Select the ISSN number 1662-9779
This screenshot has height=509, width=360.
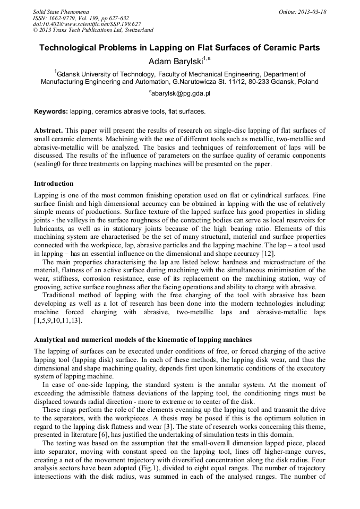65,18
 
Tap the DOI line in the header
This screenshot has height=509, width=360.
87,24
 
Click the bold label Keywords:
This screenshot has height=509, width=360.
51,111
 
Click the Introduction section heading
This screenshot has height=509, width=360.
55,183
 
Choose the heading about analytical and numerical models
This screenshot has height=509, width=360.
143,339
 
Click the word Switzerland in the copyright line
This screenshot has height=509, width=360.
136,30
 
